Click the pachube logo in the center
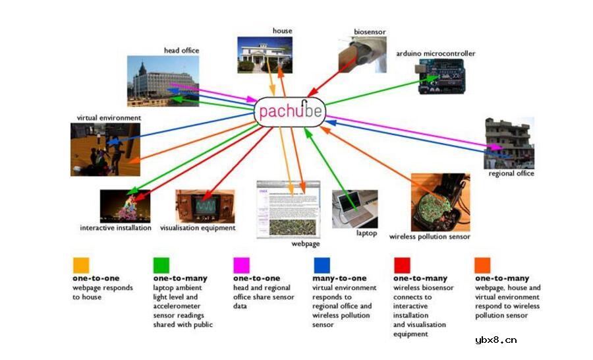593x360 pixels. (x=290, y=110)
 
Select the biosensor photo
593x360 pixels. (x=362, y=55)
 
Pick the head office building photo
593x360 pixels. (x=163, y=80)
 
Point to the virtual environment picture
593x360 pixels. (x=105, y=149)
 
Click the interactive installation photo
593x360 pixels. (x=125, y=206)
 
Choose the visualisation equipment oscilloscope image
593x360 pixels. (x=205, y=206)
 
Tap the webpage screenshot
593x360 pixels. (x=288, y=208)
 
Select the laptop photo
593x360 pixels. (x=355, y=208)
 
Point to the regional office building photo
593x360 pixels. (x=509, y=143)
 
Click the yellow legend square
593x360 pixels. (x=81, y=265)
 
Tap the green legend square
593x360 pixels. (x=161, y=265)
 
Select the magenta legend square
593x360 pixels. (x=242, y=265)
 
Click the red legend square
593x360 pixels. (x=402, y=265)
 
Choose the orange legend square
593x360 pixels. (x=482, y=265)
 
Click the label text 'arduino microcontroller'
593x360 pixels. (x=436, y=53)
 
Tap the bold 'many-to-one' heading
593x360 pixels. (x=339, y=278)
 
